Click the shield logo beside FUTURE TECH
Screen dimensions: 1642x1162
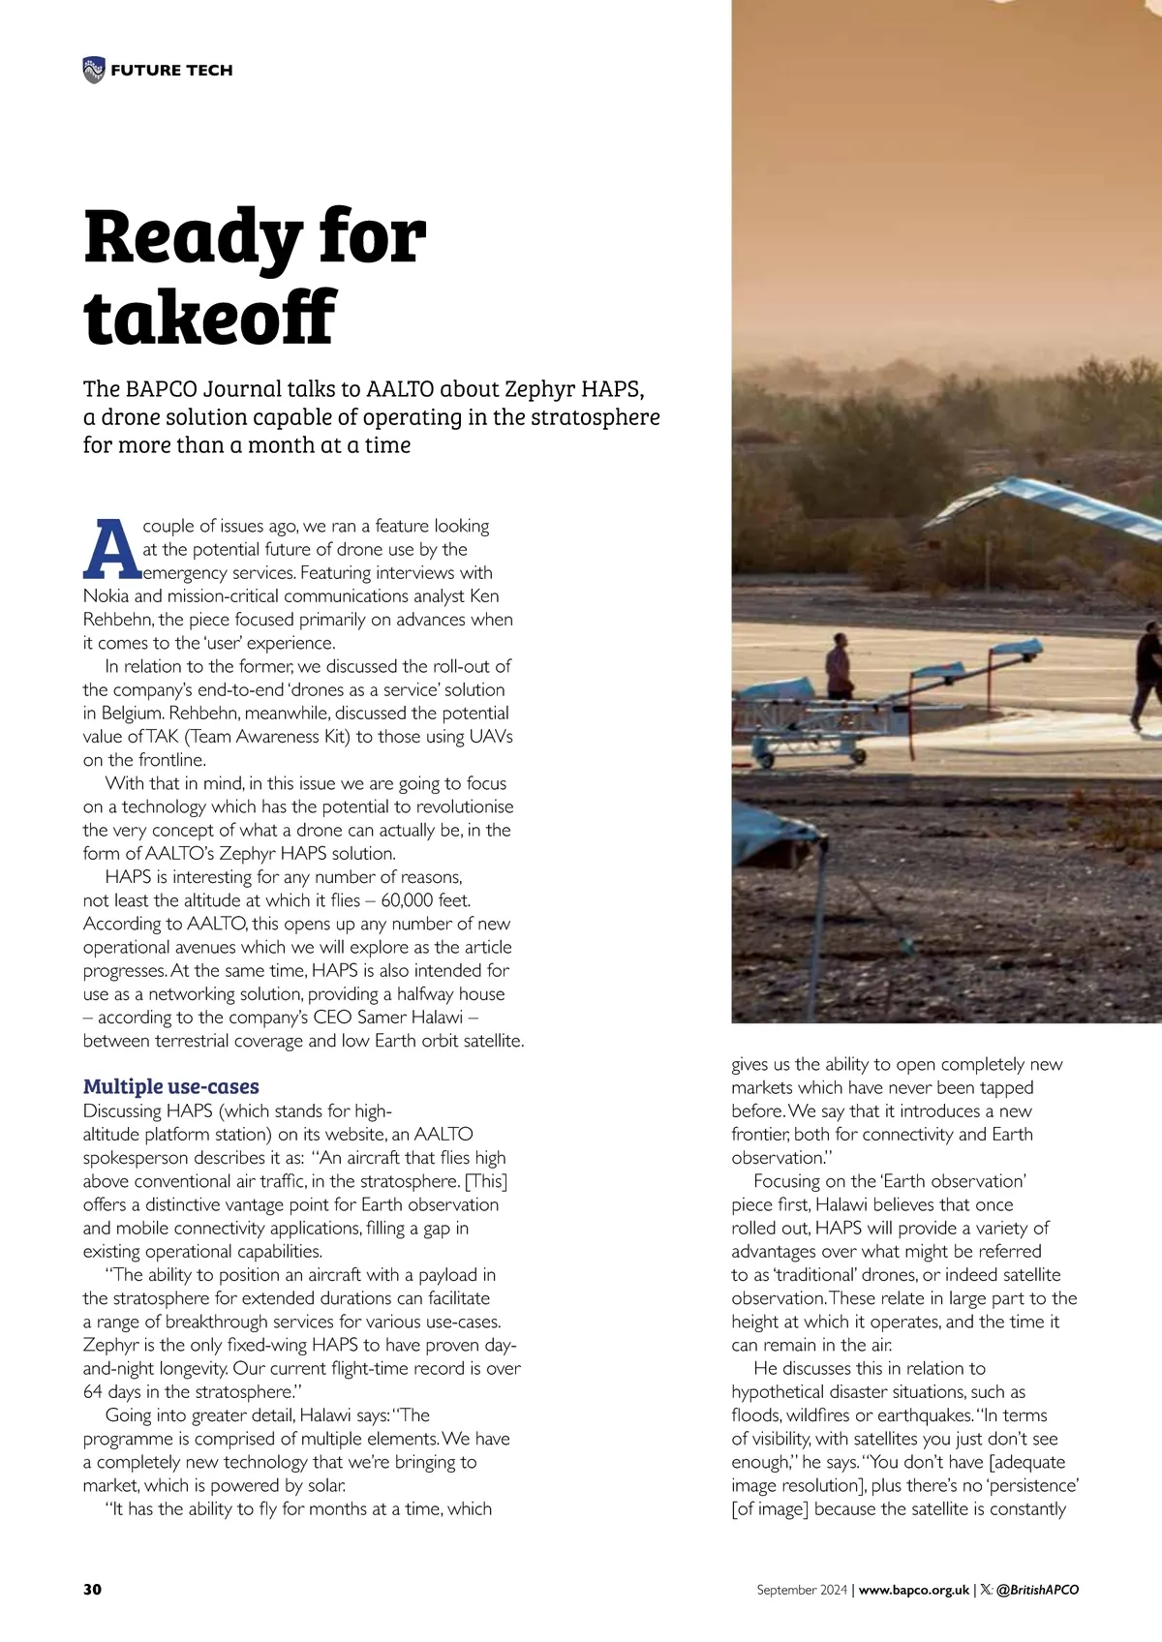(93, 70)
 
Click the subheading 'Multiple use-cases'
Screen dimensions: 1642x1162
(171, 1086)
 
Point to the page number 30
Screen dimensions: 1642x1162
(92, 1590)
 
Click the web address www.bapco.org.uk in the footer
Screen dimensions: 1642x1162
(914, 1590)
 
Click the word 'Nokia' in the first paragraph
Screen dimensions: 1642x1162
(107, 596)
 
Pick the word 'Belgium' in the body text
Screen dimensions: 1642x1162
(135, 714)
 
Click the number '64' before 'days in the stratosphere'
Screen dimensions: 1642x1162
(94, 1392)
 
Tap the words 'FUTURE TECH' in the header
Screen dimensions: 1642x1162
(171, 70)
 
